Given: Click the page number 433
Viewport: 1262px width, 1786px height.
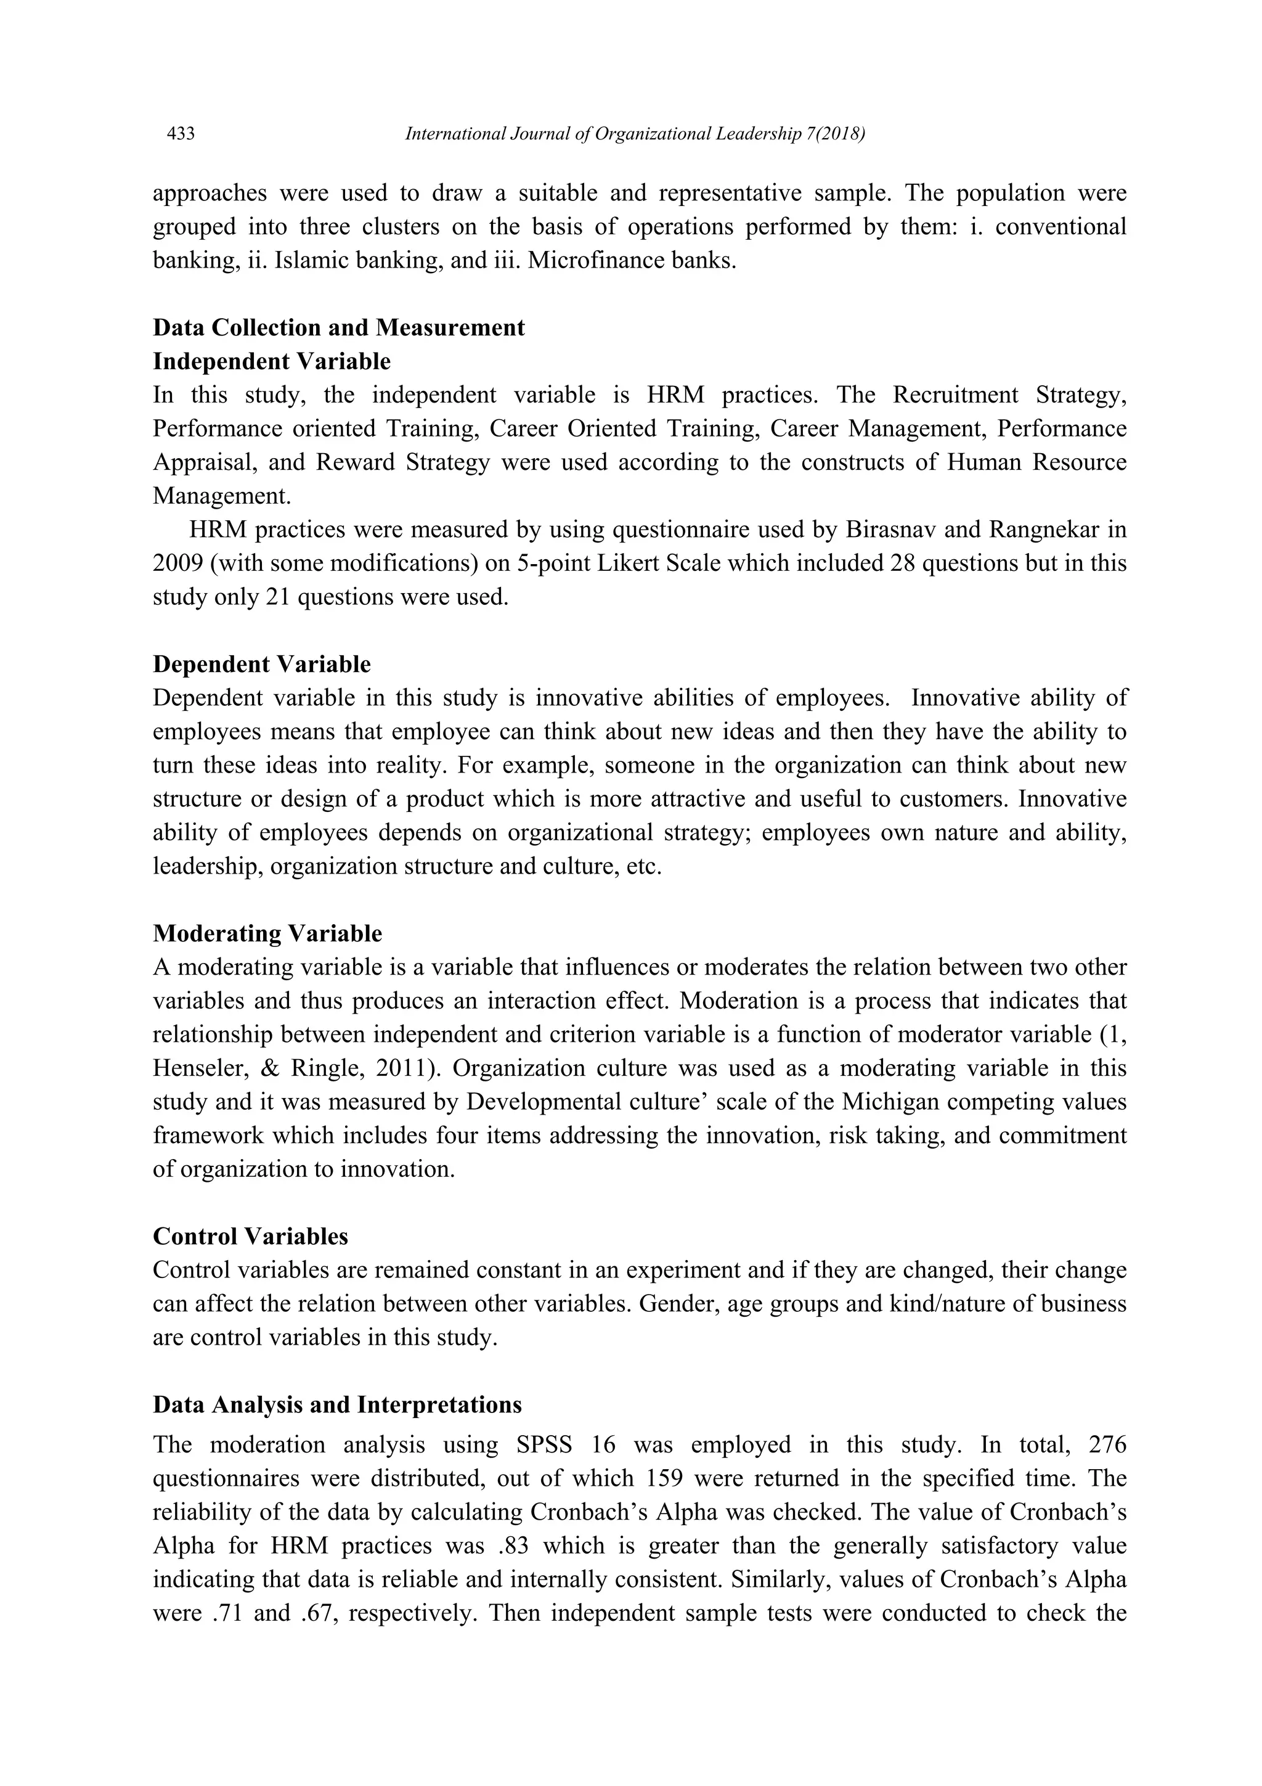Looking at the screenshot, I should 181,134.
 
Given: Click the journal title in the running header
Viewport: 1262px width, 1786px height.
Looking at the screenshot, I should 635,134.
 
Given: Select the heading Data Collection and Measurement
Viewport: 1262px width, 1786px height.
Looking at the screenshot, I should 338,327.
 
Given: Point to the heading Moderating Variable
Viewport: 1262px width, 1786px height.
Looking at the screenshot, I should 267,933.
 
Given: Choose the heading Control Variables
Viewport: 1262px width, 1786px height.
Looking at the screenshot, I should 250,1236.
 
